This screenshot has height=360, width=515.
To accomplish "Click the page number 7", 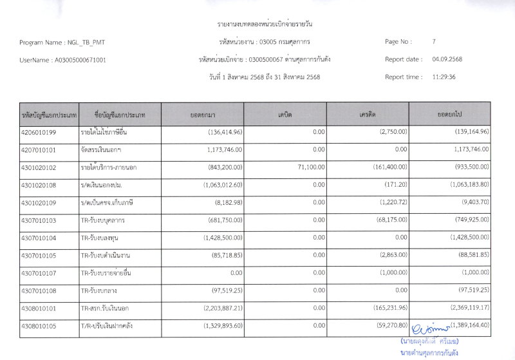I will coord(434,42).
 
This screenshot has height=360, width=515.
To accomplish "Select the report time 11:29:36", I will coord(444,77).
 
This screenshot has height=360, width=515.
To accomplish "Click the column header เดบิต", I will coord(285,115).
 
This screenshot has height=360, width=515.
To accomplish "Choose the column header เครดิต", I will coord(368,115).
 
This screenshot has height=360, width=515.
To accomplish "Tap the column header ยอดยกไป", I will coord(449,115).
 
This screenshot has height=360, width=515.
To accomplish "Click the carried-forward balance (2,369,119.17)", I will coord(464,308).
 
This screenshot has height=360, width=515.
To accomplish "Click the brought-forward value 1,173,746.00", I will coord(221,150).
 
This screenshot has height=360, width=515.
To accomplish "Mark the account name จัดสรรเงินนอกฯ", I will coord(102,150).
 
